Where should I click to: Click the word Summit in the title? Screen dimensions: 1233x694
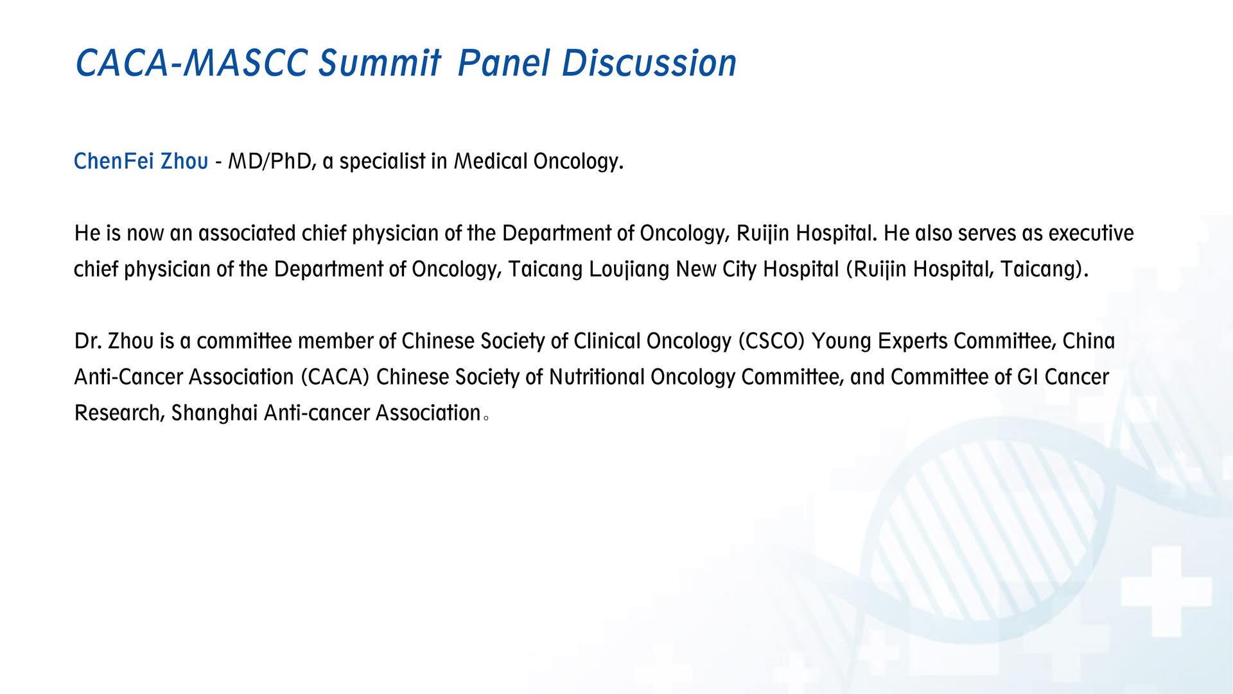380,63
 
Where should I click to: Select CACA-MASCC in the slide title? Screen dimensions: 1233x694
191,63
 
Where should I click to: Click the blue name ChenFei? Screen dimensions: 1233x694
114,160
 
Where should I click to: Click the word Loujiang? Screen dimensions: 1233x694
629,269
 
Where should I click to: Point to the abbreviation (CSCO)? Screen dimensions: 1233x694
771,341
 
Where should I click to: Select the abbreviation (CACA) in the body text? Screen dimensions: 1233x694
335,377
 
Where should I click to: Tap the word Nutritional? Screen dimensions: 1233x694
597,377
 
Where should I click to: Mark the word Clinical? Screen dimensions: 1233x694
607,341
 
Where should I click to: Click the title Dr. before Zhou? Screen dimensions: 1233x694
88,341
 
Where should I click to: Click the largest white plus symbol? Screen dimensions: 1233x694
1166,591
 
